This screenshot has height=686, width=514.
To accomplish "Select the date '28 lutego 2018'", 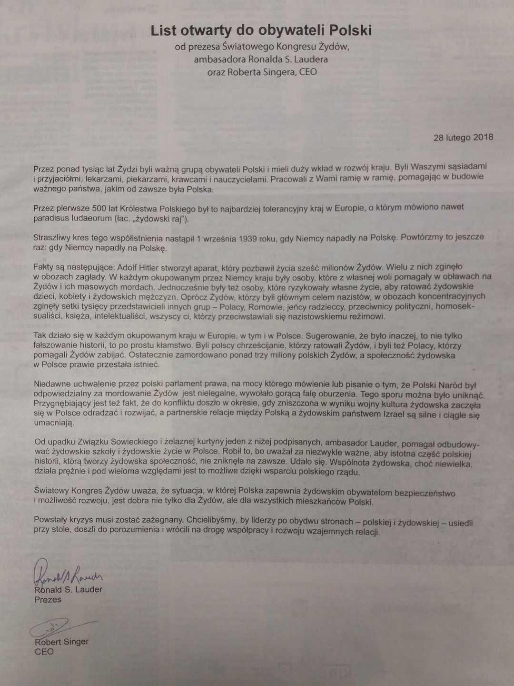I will [463, 138].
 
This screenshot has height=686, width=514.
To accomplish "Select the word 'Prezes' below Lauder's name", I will [48, 600].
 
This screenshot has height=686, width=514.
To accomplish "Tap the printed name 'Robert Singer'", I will [61, 642].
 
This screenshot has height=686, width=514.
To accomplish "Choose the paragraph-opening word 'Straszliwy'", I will [52, 238].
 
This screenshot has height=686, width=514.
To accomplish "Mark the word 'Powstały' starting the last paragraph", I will [50, 519].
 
